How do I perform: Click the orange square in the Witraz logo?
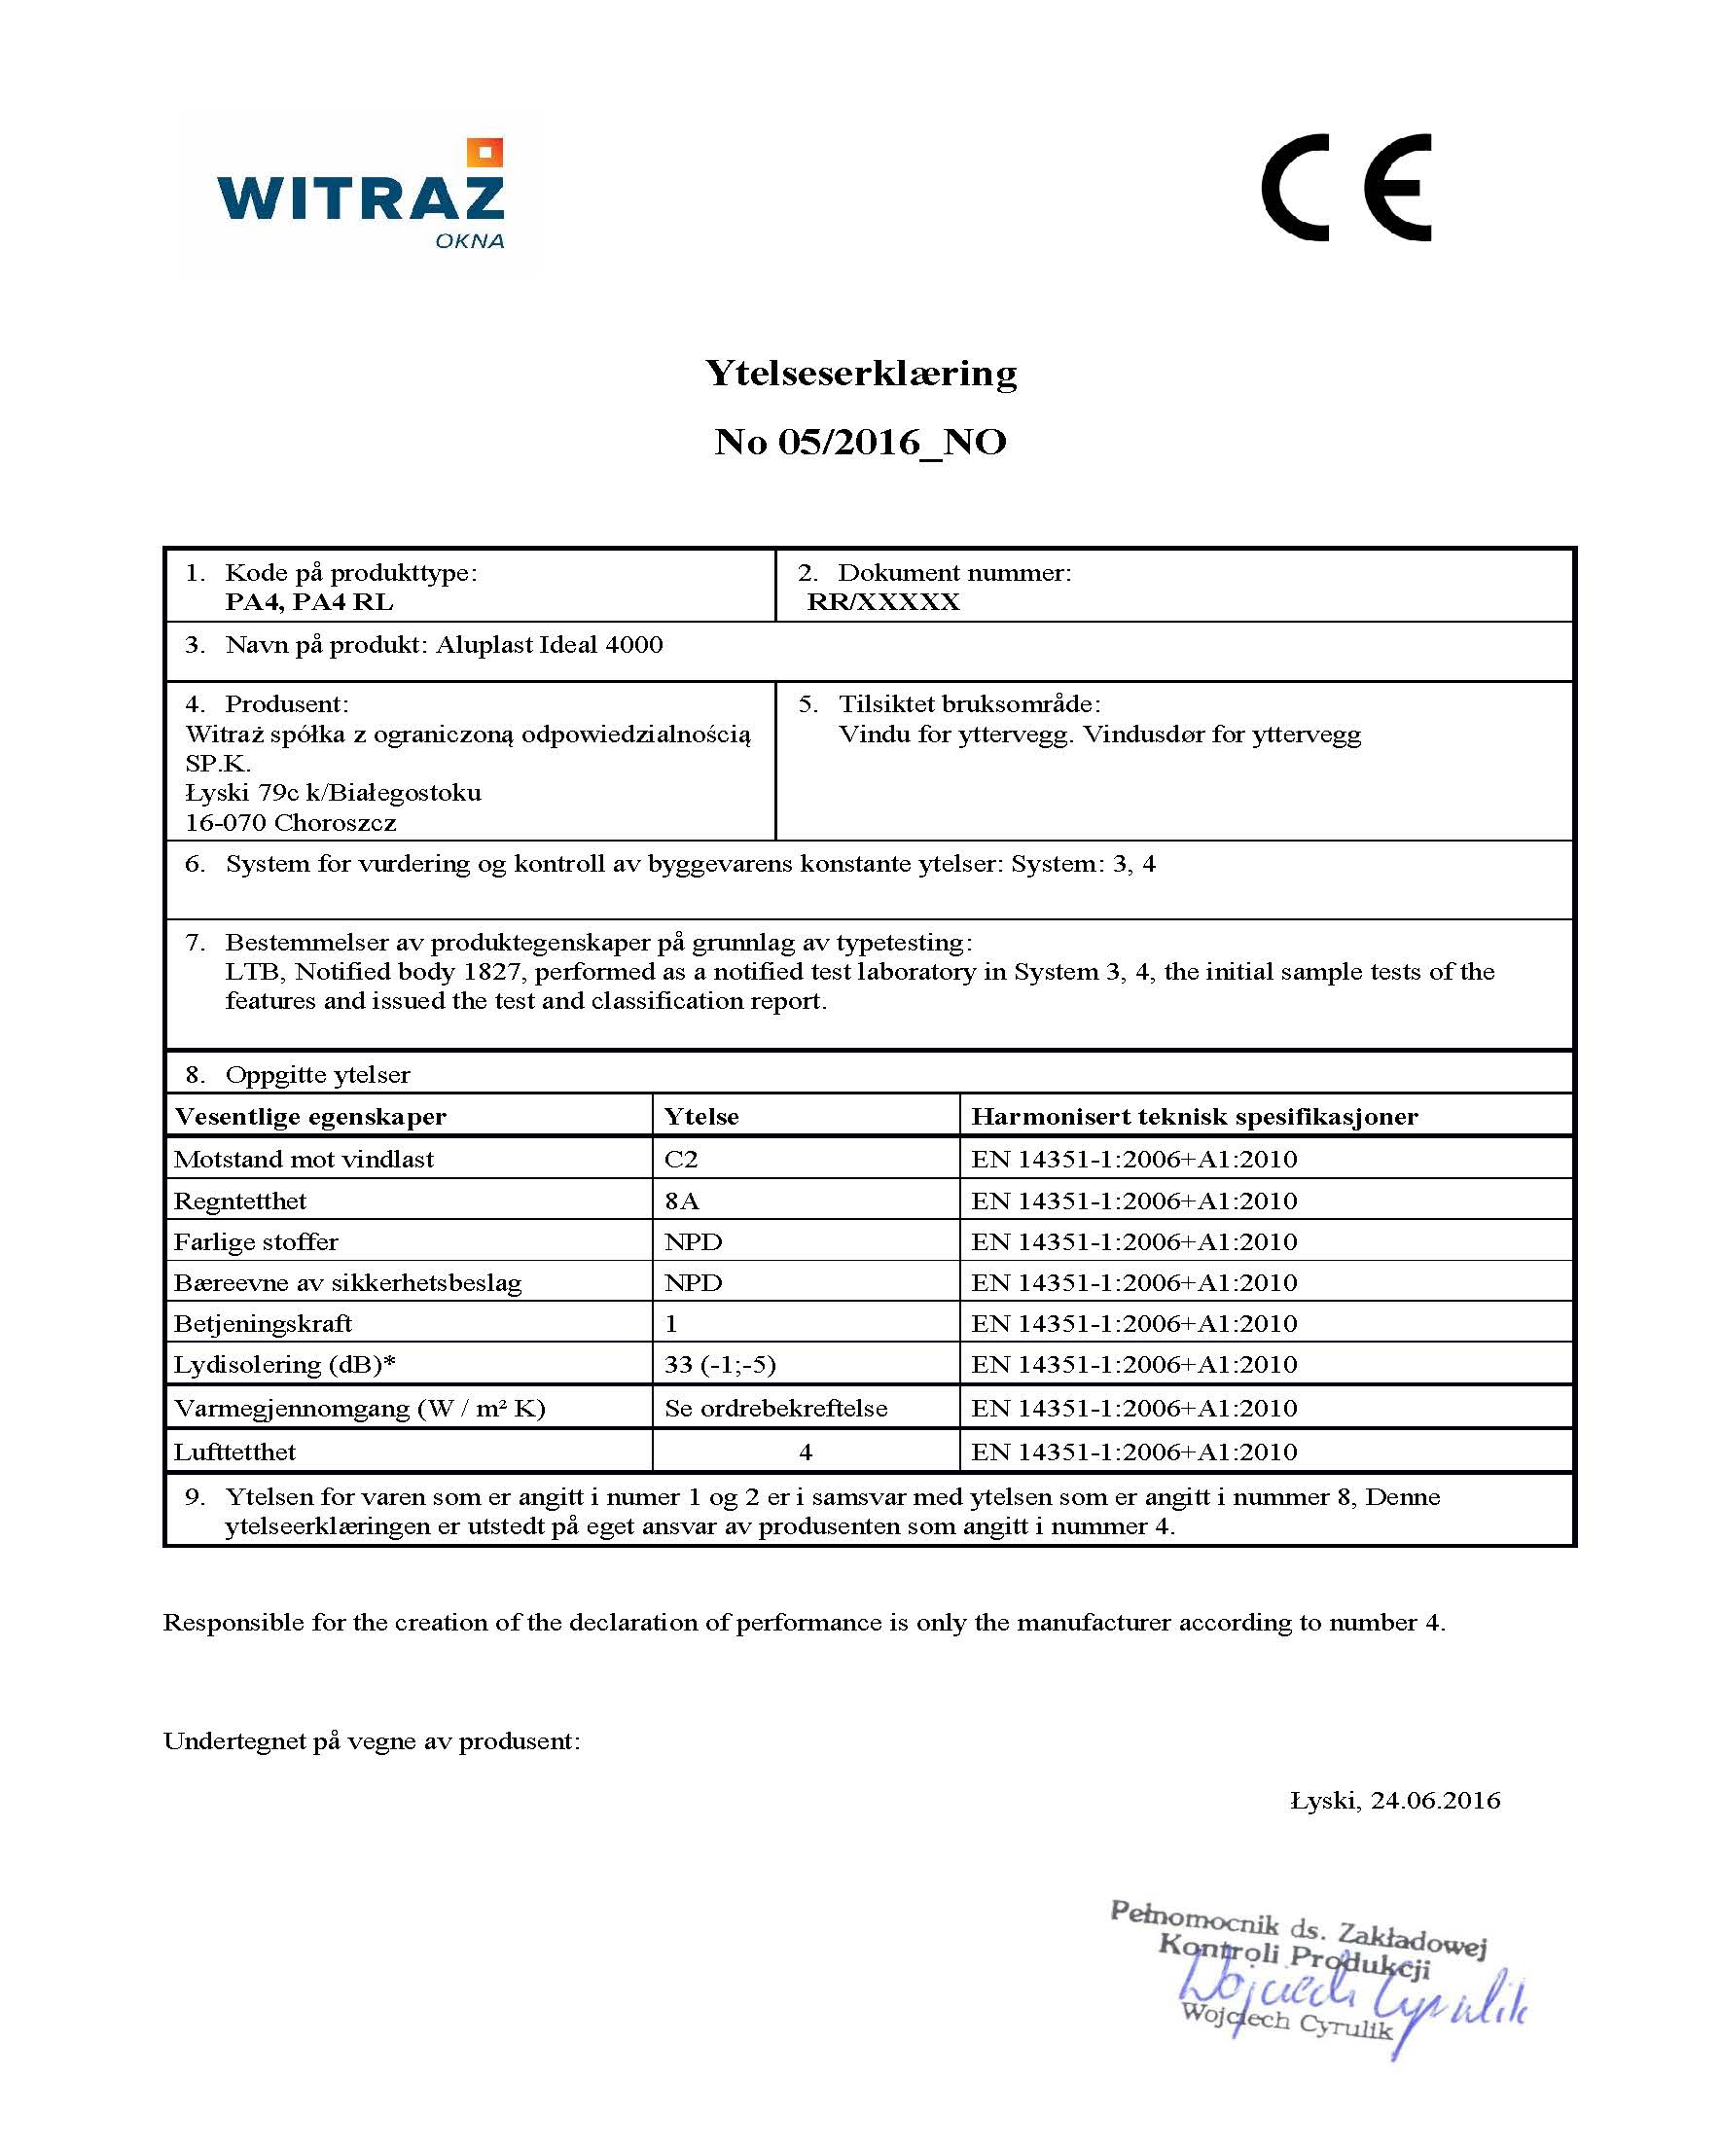tap(484, 154)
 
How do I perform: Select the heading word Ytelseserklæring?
tap(861, 374)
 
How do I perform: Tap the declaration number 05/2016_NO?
tap(892, 442)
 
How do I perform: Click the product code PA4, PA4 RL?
tap(309, 602)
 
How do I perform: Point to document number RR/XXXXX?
tap(883, 602)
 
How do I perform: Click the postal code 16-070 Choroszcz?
tap(290, 823)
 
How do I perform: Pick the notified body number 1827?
tap(492, 972)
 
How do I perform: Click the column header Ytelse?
tap(701, 1117)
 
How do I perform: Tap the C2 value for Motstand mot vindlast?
tap(681, 1160)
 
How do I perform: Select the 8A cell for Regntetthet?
tap(681, 1201)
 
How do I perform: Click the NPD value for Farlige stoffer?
tap(694, 1242)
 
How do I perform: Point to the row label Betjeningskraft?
tap(263, 1324)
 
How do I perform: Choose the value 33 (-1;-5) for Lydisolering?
tap(719, 1365)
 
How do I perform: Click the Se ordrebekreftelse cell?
tap(775, 1409)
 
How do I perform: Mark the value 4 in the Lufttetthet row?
tap(806, 1452)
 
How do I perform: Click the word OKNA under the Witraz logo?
tap(469, 241)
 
